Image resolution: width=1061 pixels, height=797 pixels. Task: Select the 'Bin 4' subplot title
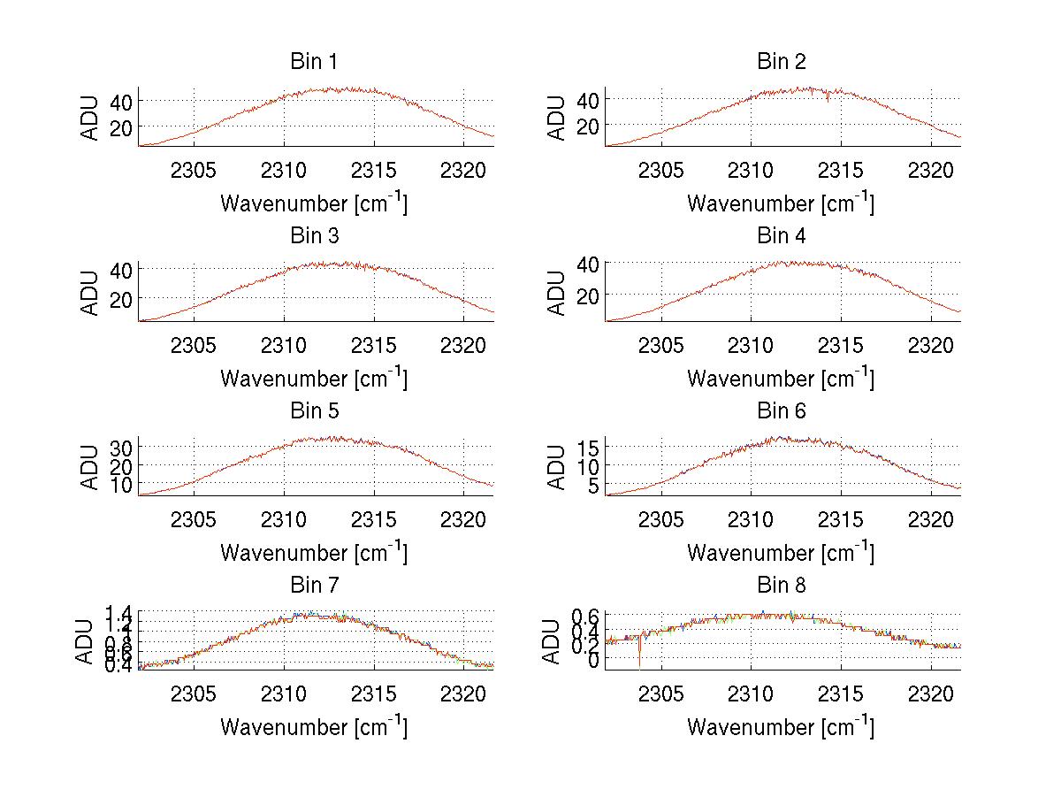(781, 235)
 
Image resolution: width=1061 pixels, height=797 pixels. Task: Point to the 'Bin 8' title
(781, 585)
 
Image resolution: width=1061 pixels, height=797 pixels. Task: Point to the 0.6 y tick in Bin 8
(584, 616)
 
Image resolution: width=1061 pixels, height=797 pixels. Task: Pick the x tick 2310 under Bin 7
(284, 694)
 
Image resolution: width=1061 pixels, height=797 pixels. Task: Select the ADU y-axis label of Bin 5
(90, 467)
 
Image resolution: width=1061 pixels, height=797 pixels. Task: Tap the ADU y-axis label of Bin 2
(557, 118)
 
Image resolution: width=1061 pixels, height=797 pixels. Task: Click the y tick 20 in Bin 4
(587, 295)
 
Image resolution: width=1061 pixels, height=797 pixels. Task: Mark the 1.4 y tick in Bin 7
(118, 612)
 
